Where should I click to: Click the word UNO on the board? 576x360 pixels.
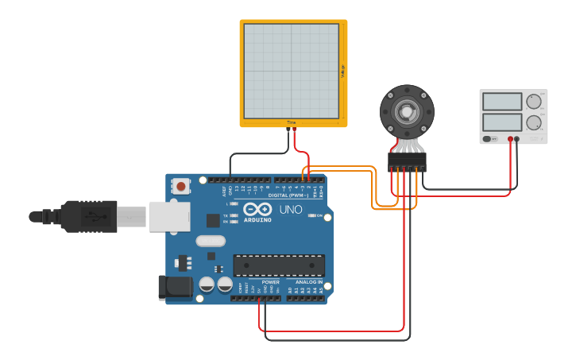point(291,211)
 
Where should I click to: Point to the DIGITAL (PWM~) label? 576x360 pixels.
point(290,195)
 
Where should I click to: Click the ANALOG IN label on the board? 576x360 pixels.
point(310,282)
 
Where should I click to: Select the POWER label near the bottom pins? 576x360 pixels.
point(270,282)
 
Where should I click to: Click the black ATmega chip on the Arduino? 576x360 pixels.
point(279,265)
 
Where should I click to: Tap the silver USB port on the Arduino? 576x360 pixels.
point(168,215)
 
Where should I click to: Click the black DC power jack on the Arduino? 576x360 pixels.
point(175,287)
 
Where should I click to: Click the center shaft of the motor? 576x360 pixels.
point(407,112)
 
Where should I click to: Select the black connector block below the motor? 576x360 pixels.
point(407,162)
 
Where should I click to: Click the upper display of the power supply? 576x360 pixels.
point(501,102)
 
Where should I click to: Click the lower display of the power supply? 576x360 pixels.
point(501,122)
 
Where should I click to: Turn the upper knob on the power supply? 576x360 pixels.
point(533,102)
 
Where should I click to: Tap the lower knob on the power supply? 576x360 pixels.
point(533,122)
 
